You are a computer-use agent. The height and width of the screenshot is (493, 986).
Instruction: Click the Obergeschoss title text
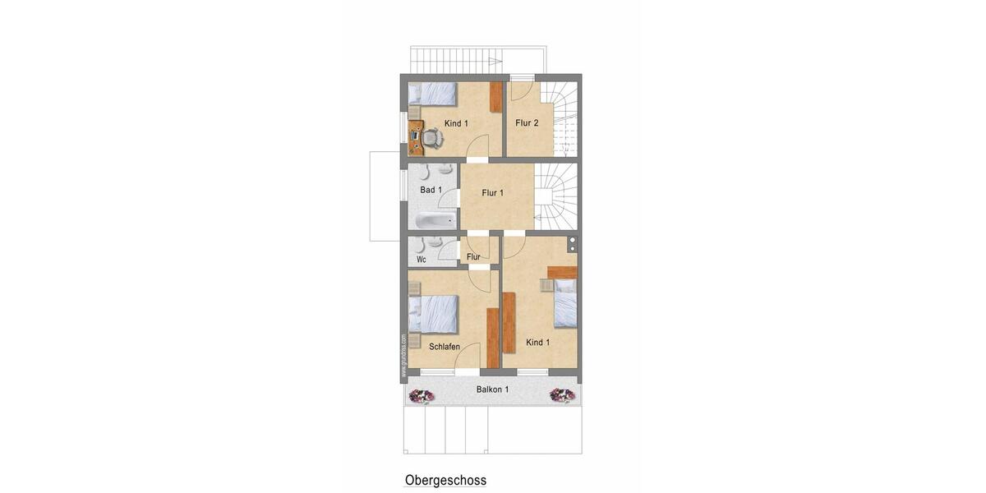[445, 480]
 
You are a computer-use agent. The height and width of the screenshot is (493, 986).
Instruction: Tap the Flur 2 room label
[527, 123]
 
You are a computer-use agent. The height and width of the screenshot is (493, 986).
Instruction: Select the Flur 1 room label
[493, 193]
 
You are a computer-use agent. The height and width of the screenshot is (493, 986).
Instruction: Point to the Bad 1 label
[431, 191]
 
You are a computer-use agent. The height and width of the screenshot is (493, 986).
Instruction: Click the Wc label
[422, 260]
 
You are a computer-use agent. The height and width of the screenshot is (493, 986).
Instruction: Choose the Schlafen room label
[445, 347]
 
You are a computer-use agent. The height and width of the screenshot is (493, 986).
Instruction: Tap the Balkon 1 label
[492, 389]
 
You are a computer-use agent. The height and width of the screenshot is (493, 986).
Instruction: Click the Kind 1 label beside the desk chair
[456, 124]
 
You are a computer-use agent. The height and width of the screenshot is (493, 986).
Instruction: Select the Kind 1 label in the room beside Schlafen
[538, 342]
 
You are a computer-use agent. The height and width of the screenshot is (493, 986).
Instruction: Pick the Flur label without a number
[473, 257]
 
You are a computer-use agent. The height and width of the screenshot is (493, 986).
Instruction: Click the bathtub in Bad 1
[434, 220]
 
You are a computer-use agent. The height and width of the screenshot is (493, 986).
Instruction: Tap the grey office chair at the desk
[434, 138]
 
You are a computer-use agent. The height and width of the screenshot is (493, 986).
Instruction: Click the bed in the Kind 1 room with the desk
[432, 93]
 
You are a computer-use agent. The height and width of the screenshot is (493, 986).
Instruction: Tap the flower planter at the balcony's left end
[422, 396]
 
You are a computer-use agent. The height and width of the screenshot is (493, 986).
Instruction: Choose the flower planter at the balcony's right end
[562, 396]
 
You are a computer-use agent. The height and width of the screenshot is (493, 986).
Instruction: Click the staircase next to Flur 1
[555, 196]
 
